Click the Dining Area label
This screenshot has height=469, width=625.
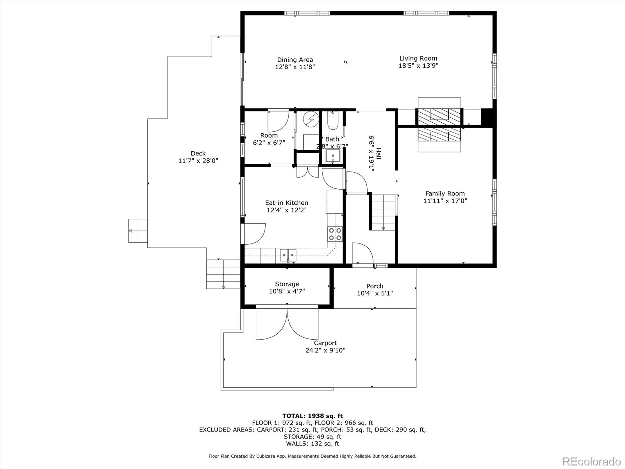[x=295, y=60]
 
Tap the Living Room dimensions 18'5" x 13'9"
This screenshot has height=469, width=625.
[x=418, y=66]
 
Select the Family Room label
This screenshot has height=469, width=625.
[x=445, y=193]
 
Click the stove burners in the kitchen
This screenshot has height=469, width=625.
[x=335, y=234]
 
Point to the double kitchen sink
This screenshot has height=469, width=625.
[x=288, y=254]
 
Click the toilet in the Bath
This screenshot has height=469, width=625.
[x=332, y=122]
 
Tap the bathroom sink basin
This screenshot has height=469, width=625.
[x=332, y=157]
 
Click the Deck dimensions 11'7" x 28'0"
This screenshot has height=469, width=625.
[x=198, y=161]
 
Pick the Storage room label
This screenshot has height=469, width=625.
[x=287, y=284]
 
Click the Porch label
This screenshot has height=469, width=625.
[x=375, y=286]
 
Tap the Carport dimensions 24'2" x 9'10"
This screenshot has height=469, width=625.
[x=325, y=351]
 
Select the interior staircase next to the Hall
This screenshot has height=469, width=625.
[x=383, y=213]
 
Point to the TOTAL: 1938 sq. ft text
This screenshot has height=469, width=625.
[x=312, y=416]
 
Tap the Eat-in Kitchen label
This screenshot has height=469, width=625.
[x=286, y=203]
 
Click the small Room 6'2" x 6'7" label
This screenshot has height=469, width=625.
[x=269, y=136]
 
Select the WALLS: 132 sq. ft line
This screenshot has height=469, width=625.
[x=312, y=444]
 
